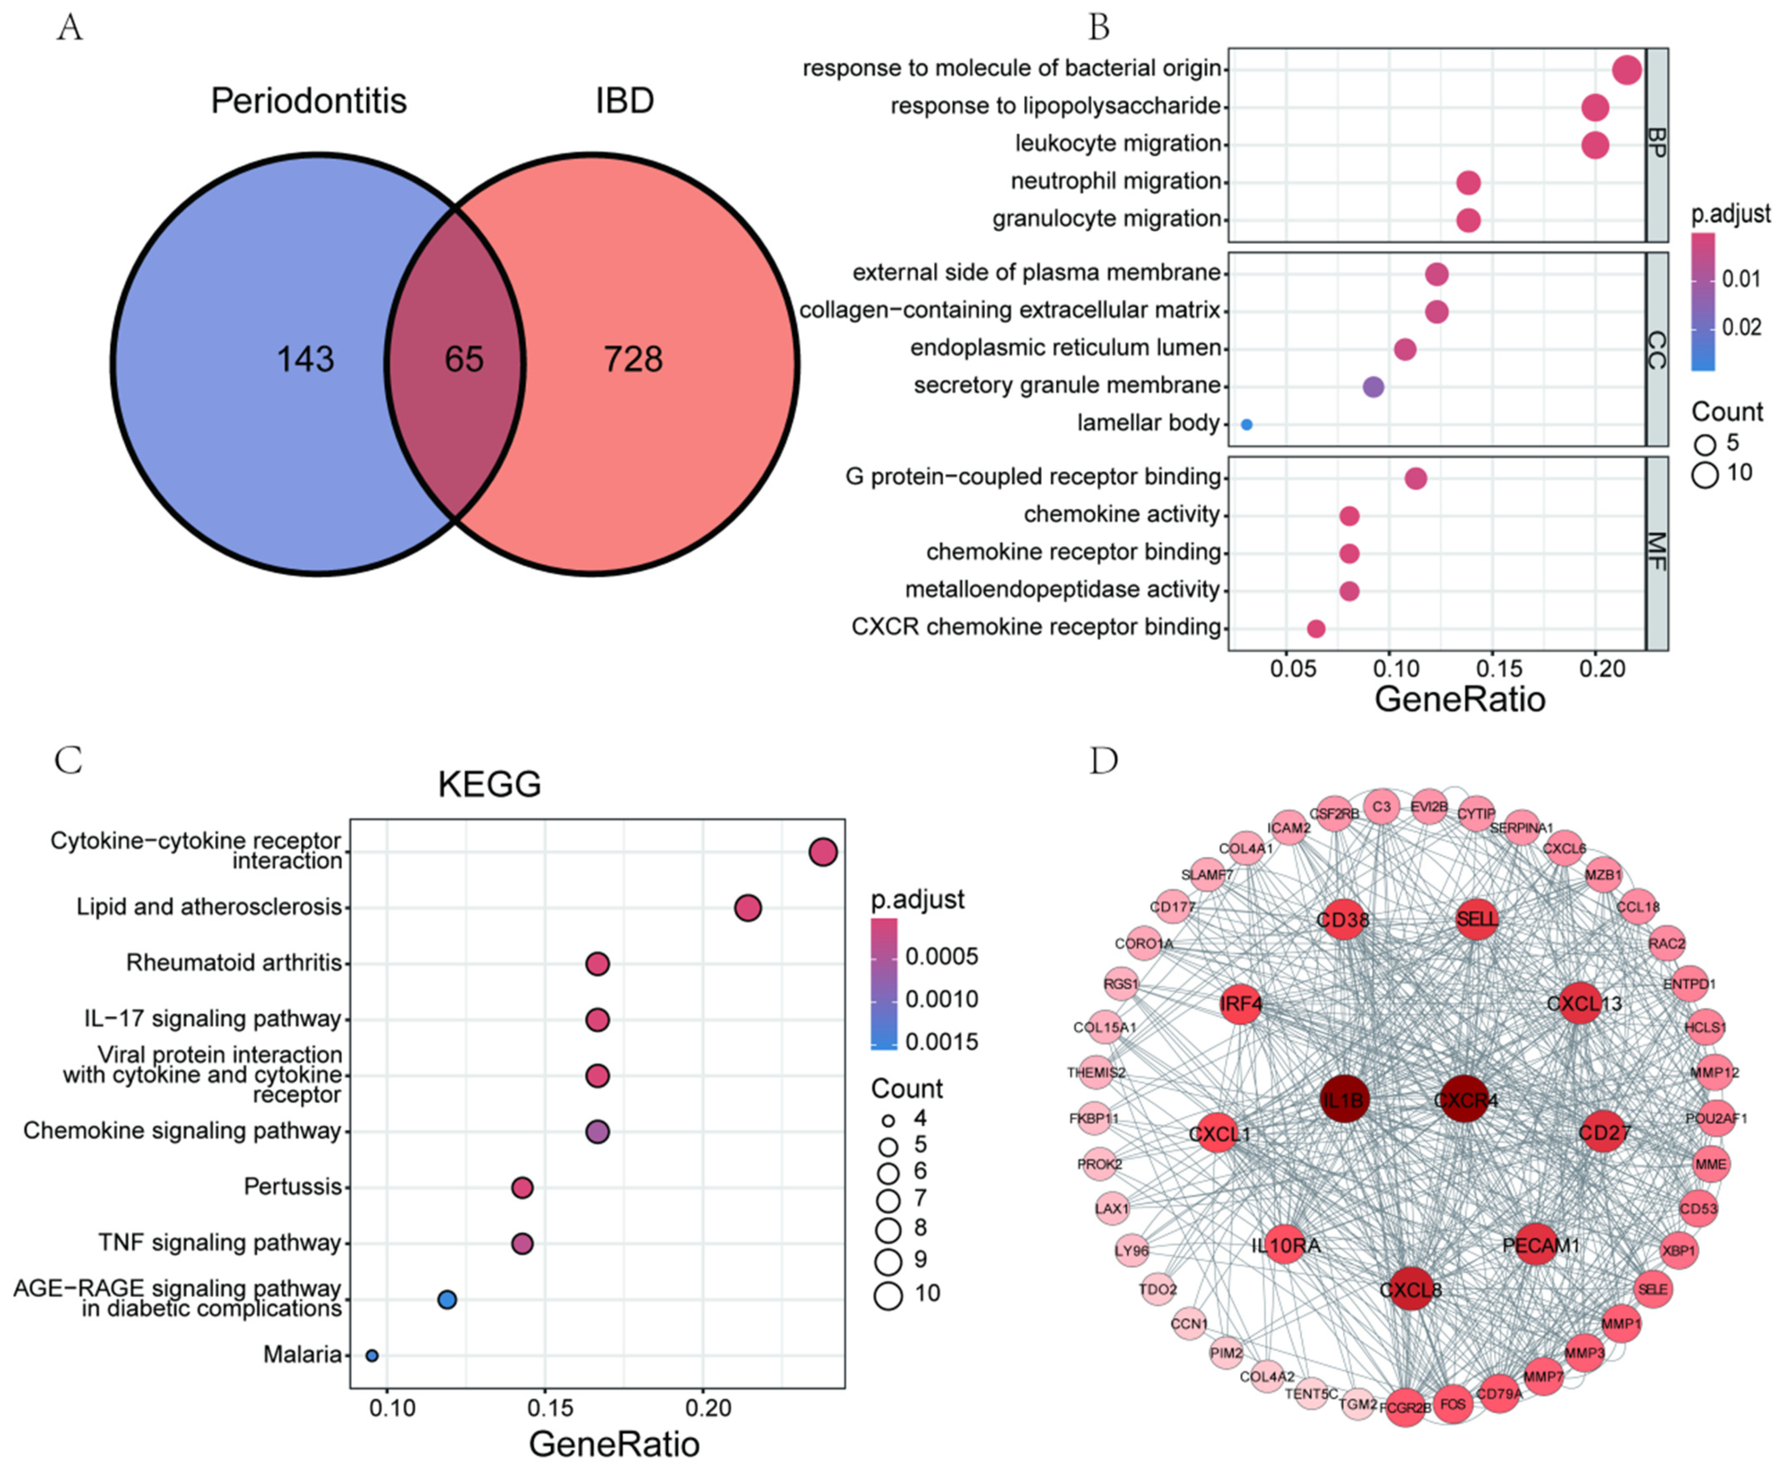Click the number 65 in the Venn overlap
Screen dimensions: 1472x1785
click(464, 359)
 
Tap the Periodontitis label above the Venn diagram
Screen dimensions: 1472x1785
click(309, 101)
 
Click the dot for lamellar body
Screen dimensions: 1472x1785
click(1246, 424)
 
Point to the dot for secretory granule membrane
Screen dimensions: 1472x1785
click(1374, 387)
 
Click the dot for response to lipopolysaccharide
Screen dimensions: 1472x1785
click(1595, 108)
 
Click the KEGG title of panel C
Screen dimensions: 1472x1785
click(489, 784)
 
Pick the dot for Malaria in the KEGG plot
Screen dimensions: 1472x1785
click(371, 1355)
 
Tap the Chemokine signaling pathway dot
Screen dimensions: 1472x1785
click(598, 1131)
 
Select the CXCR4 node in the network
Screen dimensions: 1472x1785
click(1465, 1100)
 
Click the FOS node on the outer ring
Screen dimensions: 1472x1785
click(1453, 1404)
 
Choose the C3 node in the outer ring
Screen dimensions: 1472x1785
click(1382, 806)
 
